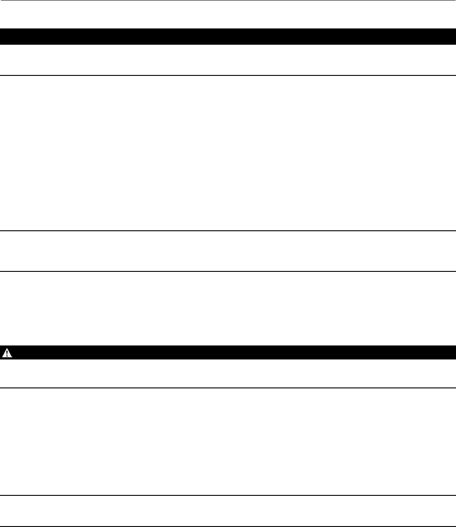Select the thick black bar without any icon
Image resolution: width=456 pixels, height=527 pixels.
point(228,36)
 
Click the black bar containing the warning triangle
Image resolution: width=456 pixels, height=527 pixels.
point(228,352)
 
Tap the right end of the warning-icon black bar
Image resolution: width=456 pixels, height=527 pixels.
point(453,352)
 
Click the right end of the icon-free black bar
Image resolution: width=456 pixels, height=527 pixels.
point(453,36)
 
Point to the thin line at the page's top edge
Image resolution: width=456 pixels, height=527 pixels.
point(228,0)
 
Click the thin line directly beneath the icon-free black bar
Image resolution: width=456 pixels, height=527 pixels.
point(228,75)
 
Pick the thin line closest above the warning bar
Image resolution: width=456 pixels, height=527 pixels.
point(228,271)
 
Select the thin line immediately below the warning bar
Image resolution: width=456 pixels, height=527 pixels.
point(228,388)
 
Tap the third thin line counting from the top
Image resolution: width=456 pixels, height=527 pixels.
point(228,231)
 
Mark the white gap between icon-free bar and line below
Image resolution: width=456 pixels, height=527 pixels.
point(228,60)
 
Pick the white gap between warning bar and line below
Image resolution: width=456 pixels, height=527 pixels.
point(228,373)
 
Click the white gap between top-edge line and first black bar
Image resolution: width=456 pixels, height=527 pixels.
point(228,14)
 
